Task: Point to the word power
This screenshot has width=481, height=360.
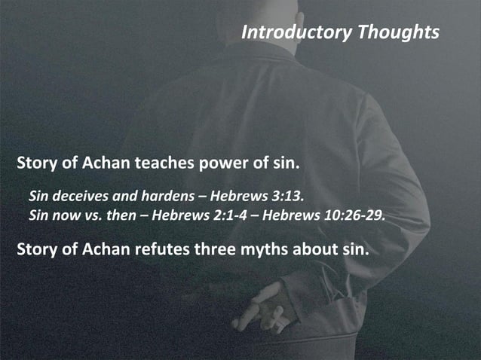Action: coord(220,163)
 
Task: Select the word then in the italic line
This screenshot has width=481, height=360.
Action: coord(124,217)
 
